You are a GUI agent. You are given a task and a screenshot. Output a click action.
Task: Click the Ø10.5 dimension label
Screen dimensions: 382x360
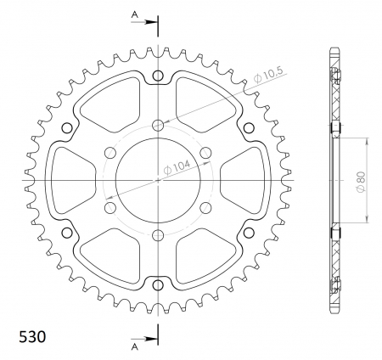[x=268, y=75]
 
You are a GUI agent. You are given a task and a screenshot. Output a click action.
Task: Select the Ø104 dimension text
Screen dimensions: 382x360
[x=177, y=167]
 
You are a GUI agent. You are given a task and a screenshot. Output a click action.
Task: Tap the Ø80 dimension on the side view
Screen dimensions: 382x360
[x=361, y=182]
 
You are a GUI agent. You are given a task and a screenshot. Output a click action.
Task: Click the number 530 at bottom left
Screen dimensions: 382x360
[x=32, y=337]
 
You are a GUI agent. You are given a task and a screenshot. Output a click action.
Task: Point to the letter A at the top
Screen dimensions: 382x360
[x=135, y=15]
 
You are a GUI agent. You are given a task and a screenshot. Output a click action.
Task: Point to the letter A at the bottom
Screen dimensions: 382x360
[x=135, y=346]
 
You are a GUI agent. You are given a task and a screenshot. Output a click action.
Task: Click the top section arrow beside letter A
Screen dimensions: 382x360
[x=144, y=22]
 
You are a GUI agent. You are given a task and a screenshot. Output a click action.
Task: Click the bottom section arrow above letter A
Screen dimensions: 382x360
[x=144, y=339]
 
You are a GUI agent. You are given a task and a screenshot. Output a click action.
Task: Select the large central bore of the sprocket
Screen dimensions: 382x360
[x=158, y=180]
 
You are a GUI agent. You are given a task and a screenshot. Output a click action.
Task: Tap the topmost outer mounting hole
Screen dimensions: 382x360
[x=158, y=76]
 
